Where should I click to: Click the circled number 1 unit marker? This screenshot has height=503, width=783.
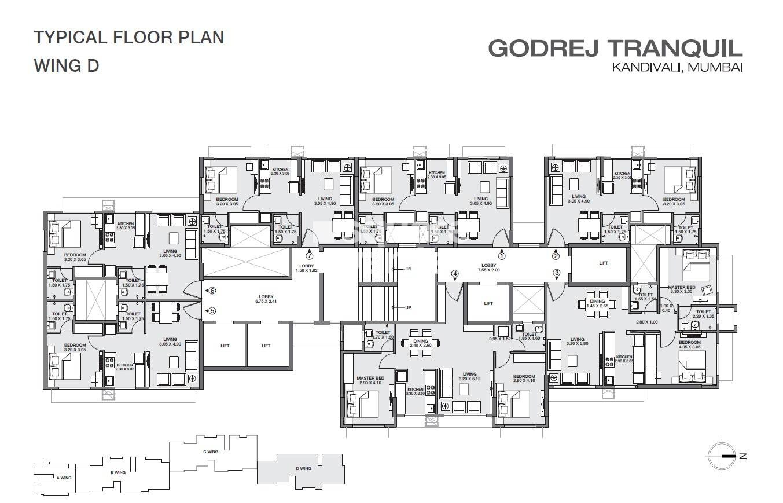click(x=502, y=255)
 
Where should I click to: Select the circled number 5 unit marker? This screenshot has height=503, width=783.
click(x=212, y=311)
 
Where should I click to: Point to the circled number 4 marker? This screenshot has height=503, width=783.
click(x=455, y=274)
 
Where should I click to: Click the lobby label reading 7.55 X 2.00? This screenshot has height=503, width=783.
click(x=488, y=267)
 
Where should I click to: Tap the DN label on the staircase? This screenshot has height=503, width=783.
click(x=407, y=269)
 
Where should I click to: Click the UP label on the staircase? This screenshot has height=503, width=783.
click(x=408, y=307)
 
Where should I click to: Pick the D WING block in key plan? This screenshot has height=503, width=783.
click(x=303, y=469)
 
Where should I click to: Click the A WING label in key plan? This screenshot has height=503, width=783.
click(x=64, y=478)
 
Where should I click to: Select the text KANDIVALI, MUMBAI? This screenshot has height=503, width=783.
click(x=677, y=68)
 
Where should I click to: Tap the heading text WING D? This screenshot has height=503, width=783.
click(x=67, y=65)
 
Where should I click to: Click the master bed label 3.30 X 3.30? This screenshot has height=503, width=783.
click(x=681, y=290)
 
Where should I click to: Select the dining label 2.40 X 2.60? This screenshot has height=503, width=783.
click(x=421, y=343)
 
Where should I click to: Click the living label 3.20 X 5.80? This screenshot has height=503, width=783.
click(x=577, y=343)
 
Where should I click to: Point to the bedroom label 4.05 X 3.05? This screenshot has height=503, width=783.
click(x=689, y=345)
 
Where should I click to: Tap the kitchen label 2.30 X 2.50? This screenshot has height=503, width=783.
click(x=416, y=392)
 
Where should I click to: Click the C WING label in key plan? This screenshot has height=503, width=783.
click(x=210, y=451)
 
